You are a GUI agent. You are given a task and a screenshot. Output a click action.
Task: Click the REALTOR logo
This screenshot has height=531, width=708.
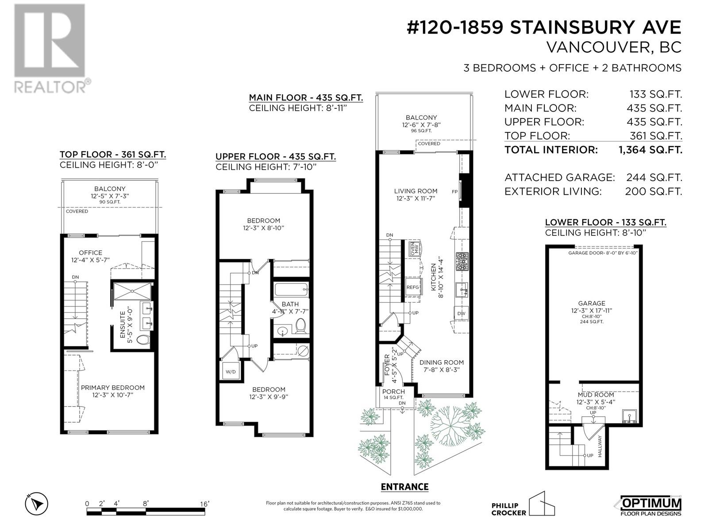(50, 49)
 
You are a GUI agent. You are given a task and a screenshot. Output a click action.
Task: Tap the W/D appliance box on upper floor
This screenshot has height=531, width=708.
(231, 371)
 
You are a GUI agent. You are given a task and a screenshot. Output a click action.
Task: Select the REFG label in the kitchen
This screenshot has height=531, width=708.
(412, 287)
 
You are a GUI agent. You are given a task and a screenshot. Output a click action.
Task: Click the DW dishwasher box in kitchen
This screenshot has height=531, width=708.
(461, 313)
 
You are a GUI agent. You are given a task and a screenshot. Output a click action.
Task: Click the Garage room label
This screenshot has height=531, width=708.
(591, 303)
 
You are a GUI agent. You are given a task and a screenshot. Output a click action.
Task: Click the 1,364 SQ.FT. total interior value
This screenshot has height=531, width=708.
(650, 150)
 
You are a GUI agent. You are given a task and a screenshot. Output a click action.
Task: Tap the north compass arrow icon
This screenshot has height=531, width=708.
(37, 504)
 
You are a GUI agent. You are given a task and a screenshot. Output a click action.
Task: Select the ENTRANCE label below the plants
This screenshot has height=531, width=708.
(404, 487)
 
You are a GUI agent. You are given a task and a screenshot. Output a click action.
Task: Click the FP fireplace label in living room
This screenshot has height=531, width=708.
(454, 192)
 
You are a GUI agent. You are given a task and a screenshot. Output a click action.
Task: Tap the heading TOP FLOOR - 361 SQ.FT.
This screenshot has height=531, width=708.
(113, 154)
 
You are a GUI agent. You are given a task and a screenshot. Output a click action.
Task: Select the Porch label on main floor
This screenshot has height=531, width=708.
(393, 392)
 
